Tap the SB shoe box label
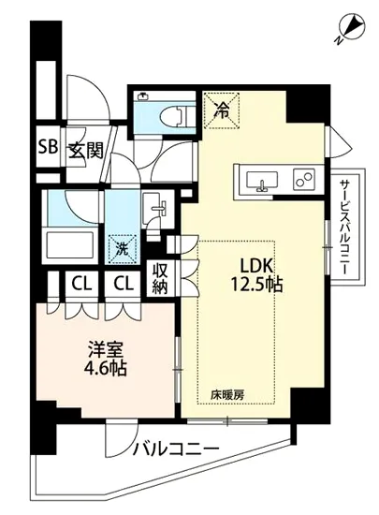point(45,147)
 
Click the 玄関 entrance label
point(82,148)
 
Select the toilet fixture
point(167,111)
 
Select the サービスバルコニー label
point(344,225)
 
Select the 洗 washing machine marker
point(122,248)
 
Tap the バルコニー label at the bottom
point(176,449)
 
